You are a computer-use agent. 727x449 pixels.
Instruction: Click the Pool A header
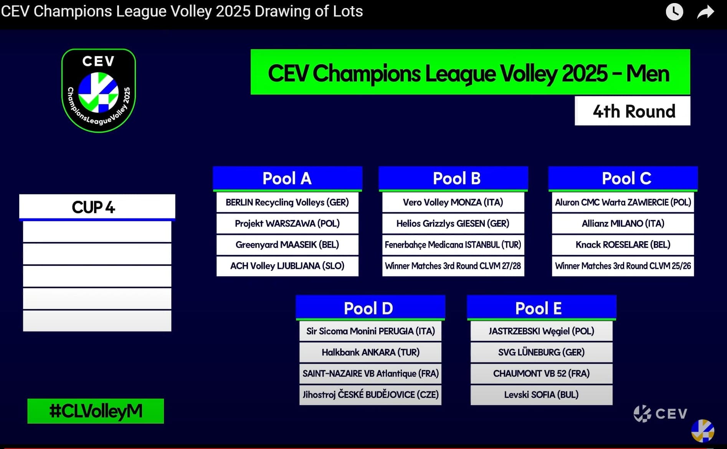287,179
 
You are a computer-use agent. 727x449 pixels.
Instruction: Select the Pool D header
370,308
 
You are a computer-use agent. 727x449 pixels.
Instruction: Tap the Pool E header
541,308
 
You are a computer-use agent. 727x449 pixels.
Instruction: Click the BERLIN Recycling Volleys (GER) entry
287,202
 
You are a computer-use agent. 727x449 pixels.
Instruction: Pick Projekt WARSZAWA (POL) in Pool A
287,224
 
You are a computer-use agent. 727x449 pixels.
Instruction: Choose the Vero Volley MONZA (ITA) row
453,202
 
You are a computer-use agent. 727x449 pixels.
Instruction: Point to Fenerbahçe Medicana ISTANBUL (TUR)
453,245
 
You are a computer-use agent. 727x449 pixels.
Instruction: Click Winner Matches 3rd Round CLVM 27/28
453,266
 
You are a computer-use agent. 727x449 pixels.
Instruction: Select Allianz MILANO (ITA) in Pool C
623,224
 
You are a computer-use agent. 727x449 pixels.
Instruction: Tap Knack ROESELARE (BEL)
623,245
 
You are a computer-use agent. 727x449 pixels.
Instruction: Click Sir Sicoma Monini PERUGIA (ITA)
370,331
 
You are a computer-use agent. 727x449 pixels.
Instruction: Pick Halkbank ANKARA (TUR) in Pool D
370,352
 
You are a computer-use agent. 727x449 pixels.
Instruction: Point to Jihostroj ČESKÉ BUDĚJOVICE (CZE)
370,394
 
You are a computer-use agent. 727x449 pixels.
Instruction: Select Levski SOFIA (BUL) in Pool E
541,394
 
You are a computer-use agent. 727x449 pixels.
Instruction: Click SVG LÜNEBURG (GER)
541,352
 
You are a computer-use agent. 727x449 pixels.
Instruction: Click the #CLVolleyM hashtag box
96,411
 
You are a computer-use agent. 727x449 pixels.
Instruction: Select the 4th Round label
632,111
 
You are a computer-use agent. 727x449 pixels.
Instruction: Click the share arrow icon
706,12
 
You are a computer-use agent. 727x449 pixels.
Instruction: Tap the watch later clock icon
674,12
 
